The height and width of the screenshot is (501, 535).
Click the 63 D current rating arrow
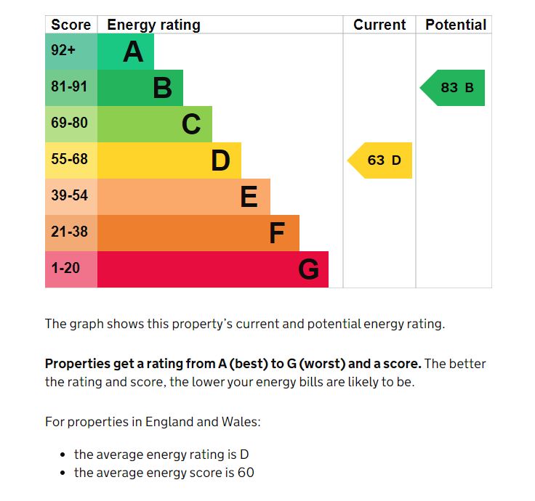coord(381,160)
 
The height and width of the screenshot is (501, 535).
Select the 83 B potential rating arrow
coord(454,88)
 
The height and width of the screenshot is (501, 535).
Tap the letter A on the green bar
coord(133,52)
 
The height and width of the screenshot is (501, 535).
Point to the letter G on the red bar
coord(308,269)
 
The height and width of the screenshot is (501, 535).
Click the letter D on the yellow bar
coord(220,160)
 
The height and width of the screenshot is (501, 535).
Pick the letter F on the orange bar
coord(277,233)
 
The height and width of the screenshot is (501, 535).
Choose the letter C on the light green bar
coord(191,124)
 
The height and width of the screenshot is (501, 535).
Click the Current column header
coord(379,25)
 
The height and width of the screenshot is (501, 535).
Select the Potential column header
coord(456,25)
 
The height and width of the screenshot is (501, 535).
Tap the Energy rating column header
coord(153,25)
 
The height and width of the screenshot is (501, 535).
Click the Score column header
coord(71,25)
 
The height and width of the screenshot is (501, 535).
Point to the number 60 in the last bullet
coord(246,473)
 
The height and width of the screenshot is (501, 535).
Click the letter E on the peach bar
coord(249,197)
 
